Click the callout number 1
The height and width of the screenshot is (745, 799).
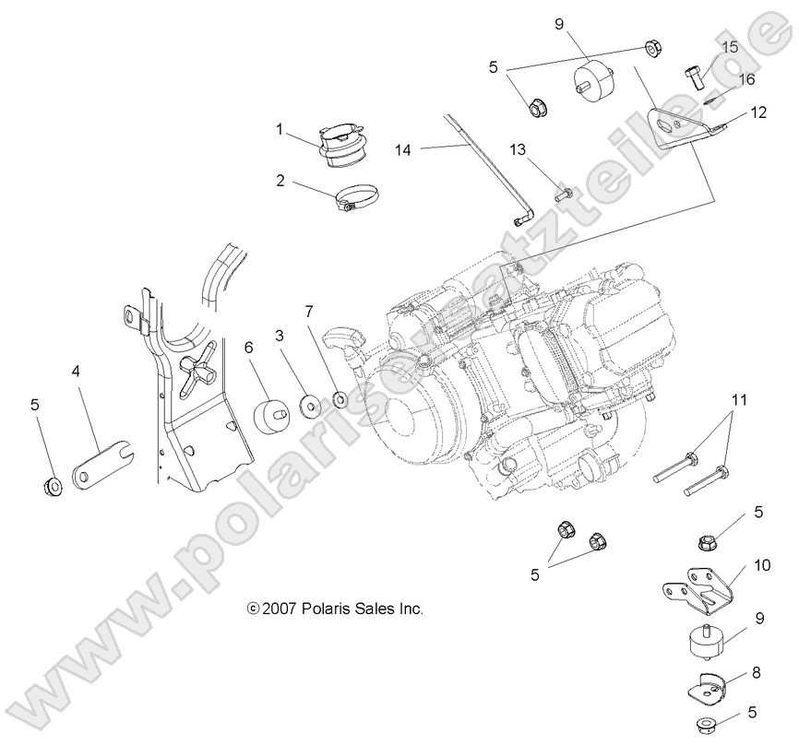(280, 130)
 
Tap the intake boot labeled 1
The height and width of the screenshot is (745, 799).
(342, 147)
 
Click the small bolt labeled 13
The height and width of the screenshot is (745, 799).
(564, 194)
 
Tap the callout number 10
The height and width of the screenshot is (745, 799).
(762, 563)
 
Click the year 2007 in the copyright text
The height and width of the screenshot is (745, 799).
(279, 609)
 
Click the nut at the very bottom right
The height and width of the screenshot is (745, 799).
(710, 725)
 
